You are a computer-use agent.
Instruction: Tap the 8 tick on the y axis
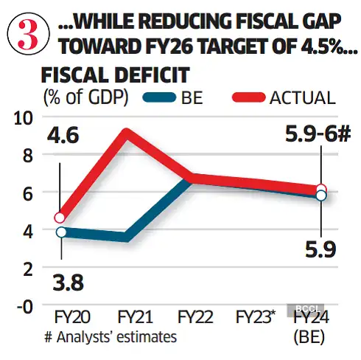28,155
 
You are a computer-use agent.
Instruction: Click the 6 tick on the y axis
28,193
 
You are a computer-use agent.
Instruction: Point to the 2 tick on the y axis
28,269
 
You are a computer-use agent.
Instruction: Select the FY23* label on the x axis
256,318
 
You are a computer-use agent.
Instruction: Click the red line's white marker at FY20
61,218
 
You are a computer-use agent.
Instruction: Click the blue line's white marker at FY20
61,232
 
